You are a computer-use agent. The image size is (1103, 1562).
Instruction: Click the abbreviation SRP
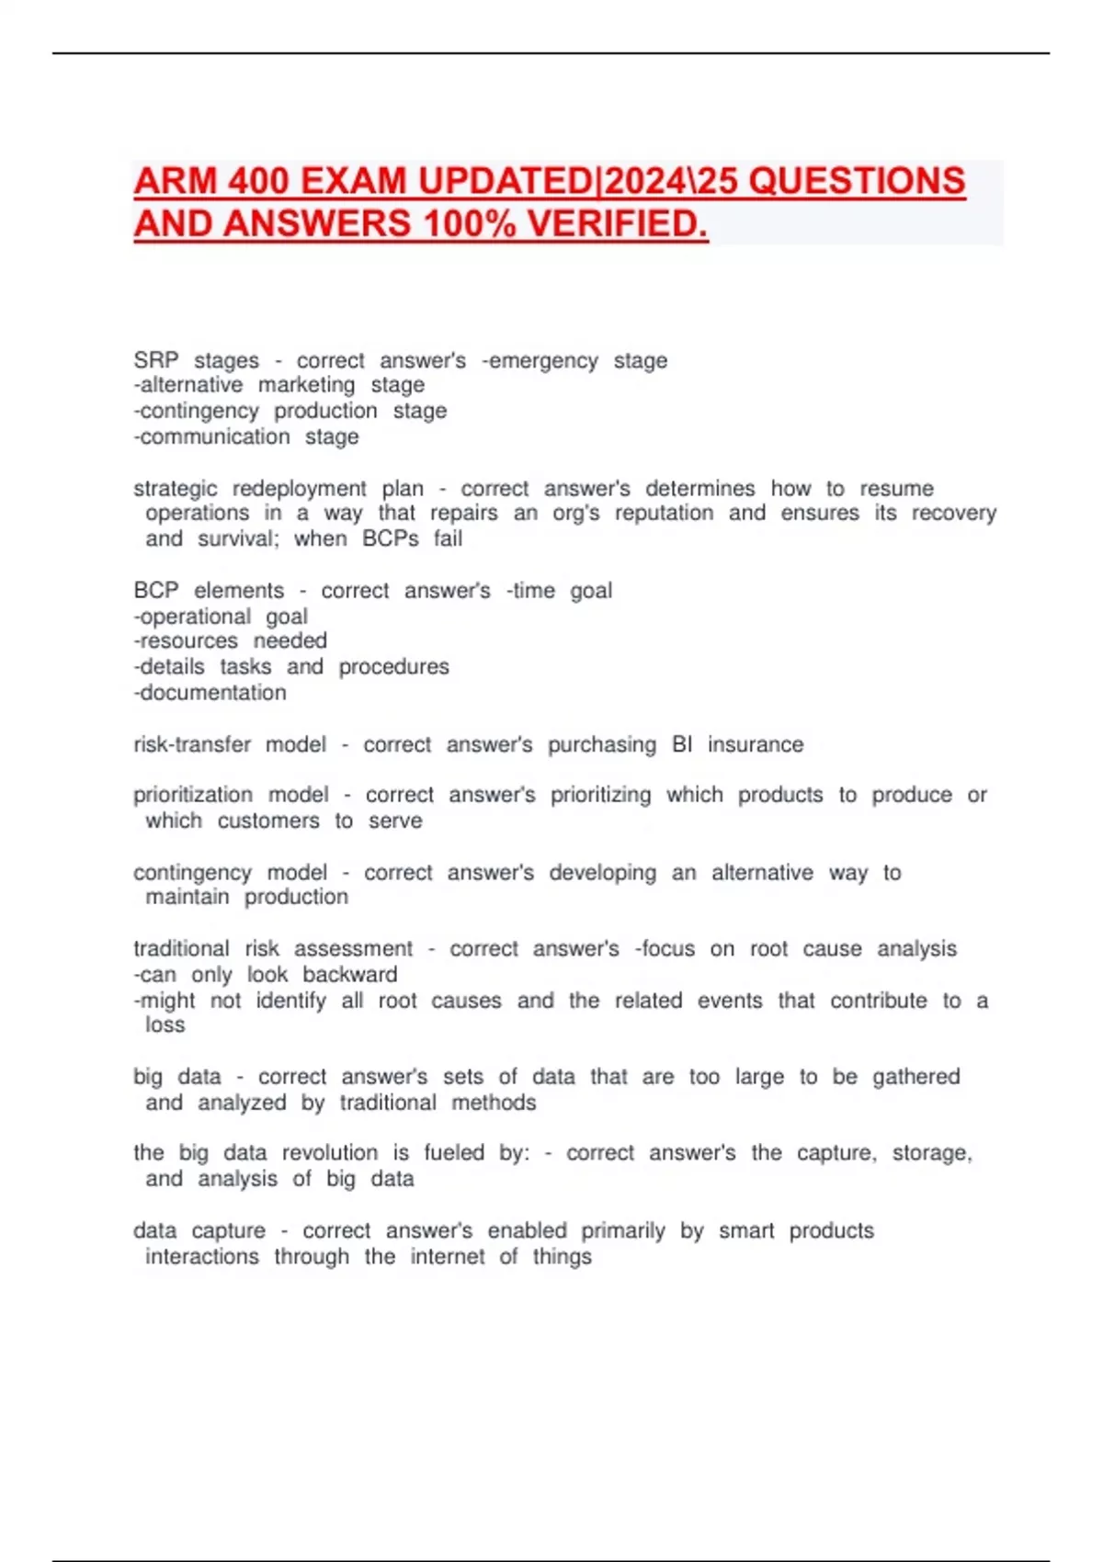click(156, 360)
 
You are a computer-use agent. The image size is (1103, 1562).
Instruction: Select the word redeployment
click(299, 488)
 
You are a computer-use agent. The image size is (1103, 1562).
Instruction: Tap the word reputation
click(664, 513)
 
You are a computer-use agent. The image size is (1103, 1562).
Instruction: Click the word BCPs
click(391, 538)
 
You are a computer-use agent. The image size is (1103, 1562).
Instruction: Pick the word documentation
click(210, 693)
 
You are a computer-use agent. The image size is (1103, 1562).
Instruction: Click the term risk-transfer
click(192, 744)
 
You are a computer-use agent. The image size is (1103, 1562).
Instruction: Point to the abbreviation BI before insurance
click(682, 744)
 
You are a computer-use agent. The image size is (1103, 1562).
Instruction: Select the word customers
click(268, 821)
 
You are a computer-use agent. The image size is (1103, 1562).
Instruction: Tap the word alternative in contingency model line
click(762, 872)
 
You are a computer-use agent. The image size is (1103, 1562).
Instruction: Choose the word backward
click(350, 974)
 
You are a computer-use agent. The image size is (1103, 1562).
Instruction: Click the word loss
click(165, 1024)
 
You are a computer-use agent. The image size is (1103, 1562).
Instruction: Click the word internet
click(448, 1256)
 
